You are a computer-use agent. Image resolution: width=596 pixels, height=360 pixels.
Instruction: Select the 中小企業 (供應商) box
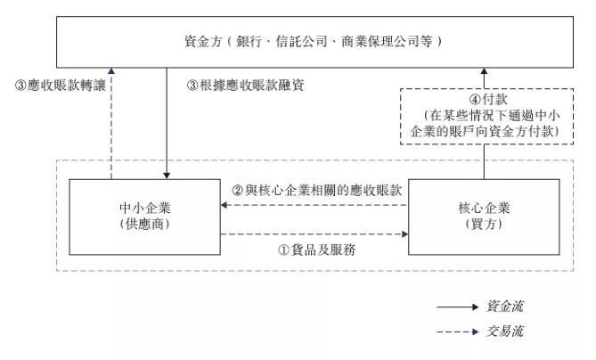[145, 217]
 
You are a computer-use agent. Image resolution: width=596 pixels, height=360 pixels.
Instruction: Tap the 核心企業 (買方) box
[484, 217]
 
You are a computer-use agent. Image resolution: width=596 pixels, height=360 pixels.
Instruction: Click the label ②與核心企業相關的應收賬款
[316, 191]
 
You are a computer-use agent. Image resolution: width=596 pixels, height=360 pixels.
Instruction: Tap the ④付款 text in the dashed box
[484, 100]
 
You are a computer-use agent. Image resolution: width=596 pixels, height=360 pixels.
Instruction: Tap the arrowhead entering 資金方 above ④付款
[484, 71]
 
